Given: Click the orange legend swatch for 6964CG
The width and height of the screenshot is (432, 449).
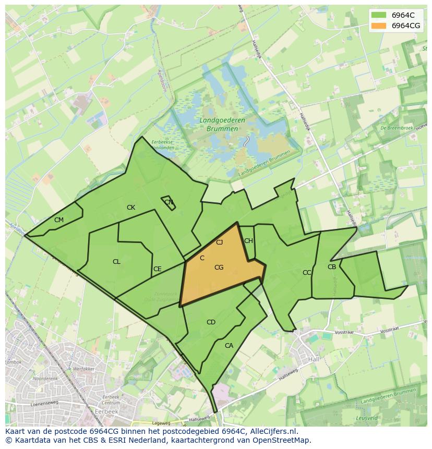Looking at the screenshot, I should pos(379,25).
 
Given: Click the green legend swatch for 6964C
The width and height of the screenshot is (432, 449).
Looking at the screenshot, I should pos(379,15).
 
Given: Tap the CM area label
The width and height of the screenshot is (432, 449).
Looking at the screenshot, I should pos(59,220).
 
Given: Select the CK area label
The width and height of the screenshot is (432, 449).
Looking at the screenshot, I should pos(131,208).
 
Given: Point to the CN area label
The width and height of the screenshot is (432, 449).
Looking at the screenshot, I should pos(169,202).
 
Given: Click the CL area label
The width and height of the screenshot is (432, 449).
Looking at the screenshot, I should pos(116,262).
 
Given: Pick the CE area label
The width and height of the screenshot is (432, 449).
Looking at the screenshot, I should pos(157,269).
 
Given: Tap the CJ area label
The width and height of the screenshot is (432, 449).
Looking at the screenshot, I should pos(220,242).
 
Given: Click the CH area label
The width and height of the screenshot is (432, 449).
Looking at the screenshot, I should pos(248,241).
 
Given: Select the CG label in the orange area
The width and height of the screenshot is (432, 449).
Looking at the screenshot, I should pos(219,268).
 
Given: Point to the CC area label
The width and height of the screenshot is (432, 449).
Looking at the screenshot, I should pos(307,273).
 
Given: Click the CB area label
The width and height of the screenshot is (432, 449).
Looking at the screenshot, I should pos(332,267).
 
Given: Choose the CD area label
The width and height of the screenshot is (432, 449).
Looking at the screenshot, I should pos(211,322).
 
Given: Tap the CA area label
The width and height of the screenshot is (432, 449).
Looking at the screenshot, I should pos(229,345).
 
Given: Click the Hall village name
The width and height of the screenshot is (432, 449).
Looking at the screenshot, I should pos(314,360).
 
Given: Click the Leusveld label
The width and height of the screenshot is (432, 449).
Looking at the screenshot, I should pos(367,418).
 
